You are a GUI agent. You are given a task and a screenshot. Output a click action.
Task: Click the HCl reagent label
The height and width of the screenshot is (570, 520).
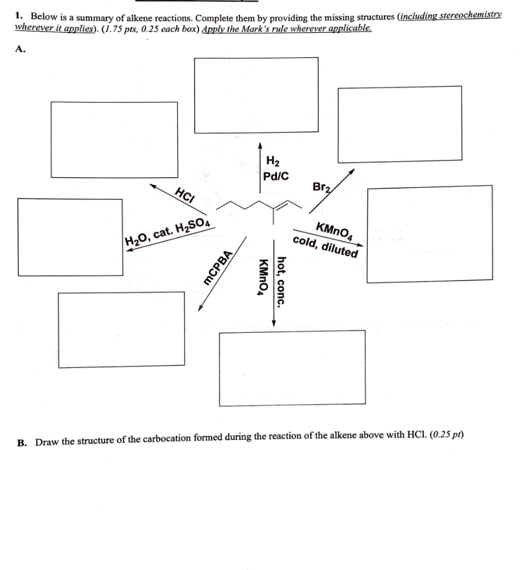click(x=185, y=195)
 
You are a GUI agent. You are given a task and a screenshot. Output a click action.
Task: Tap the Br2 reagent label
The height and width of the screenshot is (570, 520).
click(x=322, y=188)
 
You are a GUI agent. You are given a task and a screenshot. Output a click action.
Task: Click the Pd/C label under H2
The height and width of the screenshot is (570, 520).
click(x=276, y=176)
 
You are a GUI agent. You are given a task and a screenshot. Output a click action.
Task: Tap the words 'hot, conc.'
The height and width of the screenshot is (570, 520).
click(x=282, y=281)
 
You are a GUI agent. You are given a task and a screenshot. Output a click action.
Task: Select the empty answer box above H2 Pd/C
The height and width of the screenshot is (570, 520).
click(x=256, y=95)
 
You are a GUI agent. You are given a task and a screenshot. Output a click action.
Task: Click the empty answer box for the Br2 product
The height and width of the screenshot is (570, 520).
click(x=399, y=124)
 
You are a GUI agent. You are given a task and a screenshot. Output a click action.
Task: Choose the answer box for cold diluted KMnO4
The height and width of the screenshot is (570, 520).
click(x=429, y=234)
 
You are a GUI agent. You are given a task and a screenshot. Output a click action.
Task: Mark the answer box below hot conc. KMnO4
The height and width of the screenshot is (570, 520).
click(x=292, y=367)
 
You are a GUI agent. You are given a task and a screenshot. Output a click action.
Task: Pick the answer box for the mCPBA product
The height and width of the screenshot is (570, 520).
click(x=121, y=329)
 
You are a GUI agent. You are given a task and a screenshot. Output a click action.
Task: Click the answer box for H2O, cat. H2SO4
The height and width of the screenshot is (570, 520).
click(x=70, y=237)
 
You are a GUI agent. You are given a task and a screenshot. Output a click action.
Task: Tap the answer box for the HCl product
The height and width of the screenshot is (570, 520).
click(x=114, y=139)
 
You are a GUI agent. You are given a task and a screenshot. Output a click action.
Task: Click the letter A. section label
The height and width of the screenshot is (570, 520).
click(x=21, y=50)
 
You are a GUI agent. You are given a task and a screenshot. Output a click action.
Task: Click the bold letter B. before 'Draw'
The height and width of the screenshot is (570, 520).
click(x=22, y=442)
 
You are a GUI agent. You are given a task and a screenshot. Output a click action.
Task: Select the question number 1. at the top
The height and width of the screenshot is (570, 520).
click(x=20, y=14)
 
